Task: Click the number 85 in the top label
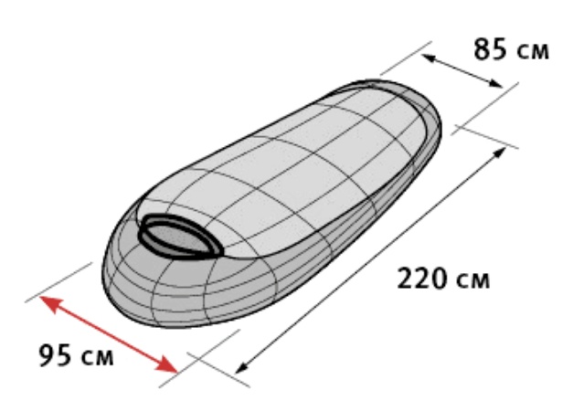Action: pos(491,49)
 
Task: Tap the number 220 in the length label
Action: pos(421,279)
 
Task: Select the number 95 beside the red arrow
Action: pos(55,355)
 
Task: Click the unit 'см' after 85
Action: pos(533,51)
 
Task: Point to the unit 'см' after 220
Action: pos(473,281)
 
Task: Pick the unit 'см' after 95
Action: pos(98,358)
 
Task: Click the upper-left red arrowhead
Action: pos(50,304)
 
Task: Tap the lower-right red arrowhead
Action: pos(166,364)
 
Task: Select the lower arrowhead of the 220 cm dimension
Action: pos(242,367)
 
